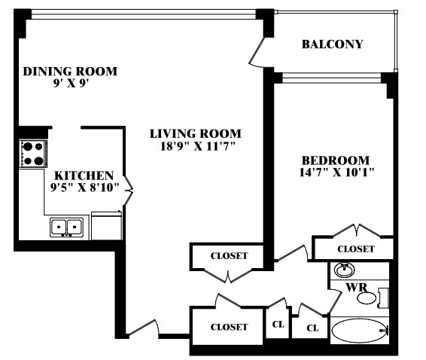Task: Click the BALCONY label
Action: tap(332, 44)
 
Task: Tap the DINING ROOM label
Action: tap(70, 72)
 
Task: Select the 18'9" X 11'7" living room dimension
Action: tap(197, 147)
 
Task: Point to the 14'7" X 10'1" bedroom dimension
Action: tap(336, 172)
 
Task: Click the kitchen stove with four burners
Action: tap(33, 154)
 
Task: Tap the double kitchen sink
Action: tap(67, 227)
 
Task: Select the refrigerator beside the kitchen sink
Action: tap(107, 226)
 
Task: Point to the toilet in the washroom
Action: tap(373, 298)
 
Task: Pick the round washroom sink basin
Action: tap(345, 270)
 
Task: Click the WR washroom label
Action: tap(356, 287)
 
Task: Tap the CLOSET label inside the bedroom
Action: tap(356, 249)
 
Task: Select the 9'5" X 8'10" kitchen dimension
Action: tap(85, 188)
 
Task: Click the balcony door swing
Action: tap(257, 52)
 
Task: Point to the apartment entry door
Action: tap(142, 328)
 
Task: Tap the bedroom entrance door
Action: tap(291, 253)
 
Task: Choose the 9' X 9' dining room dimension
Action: tap(72, 83)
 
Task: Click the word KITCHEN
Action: tap(84, 175)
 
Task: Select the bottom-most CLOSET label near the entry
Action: tap(229, 327)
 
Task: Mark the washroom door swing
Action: tap(334, 301)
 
